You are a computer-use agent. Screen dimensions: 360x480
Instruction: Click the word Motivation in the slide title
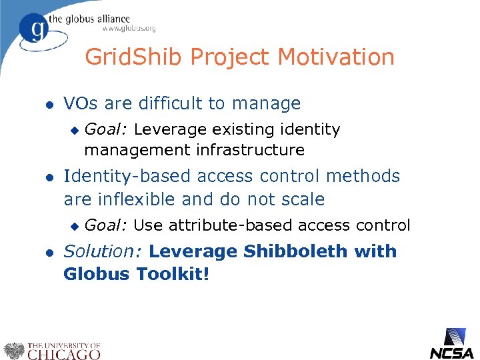pos(336,57)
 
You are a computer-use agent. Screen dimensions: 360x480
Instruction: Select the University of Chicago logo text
pos(63,351)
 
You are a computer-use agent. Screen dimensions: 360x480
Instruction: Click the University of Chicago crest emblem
pos(14,351)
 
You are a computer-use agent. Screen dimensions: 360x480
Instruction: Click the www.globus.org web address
pos(129,29)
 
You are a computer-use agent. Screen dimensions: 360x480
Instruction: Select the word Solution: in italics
pos(103,252)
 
